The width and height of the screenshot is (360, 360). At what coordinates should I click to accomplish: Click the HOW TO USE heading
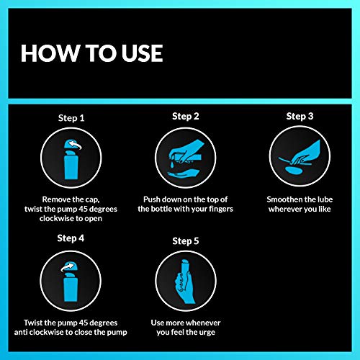pos(91,53)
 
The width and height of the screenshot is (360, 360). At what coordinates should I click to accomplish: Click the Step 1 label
pos(71,117)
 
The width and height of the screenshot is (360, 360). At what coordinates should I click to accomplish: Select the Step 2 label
pos(186,115)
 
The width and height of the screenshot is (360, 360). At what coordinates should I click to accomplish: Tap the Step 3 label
pos(300,115)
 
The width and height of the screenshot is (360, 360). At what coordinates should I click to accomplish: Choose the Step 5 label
pos(186,243)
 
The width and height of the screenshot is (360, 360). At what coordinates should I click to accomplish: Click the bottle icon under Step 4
pos(71,279)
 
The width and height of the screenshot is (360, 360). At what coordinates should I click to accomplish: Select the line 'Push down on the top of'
pos(185,197)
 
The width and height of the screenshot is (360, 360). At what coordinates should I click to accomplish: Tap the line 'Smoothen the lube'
pos(300,197)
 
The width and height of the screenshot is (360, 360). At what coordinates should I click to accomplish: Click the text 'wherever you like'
pos(300,208)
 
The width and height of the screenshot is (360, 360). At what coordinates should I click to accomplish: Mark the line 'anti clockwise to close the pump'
pos(71,333)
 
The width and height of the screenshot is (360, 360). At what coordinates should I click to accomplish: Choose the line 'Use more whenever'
pos(186,322)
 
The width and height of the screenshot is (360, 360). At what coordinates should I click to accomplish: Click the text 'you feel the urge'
pos(186,333)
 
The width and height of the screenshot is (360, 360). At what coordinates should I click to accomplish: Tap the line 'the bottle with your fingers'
pos(185,208)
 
